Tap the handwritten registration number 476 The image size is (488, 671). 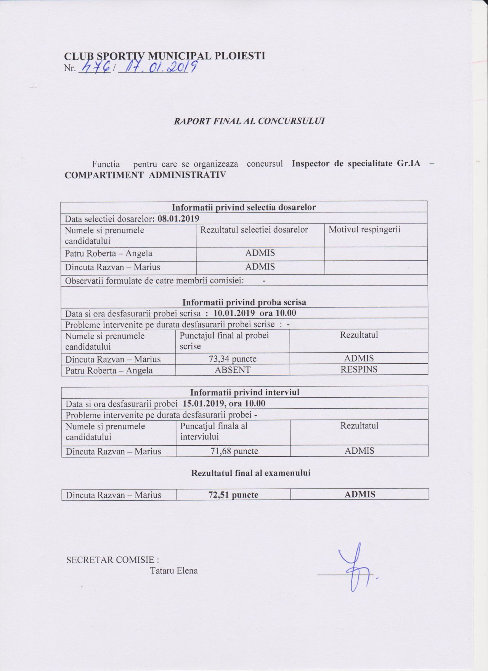coord(94,69)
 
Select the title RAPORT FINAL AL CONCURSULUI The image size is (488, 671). coord(249,121)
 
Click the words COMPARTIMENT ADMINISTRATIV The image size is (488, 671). coord(145,175)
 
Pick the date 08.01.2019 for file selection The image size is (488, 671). coord(178,219)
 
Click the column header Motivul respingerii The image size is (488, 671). coord(364,230)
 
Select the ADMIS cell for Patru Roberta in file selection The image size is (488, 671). coord(260,253)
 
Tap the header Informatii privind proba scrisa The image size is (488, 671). coord(244,302)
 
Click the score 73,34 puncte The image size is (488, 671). coord(233,359)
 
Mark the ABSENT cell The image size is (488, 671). coord(233,370)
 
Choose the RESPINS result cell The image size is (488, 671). coord(359,369)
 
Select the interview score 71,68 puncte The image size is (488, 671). coord(234,451)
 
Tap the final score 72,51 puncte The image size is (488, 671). coord(233,495)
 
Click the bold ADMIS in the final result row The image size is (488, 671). coord(360,494)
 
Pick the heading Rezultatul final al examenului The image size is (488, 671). coord(250,473)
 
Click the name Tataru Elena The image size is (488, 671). coord(174,571)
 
